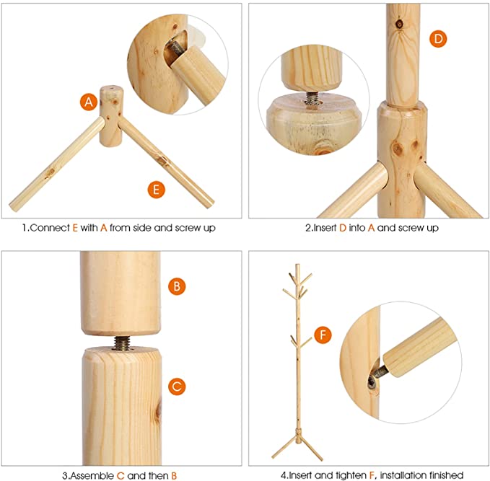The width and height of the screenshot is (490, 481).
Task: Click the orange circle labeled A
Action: pyautogui.click(x=89, y=102)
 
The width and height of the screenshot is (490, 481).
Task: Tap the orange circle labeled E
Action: pyautogui.click(x=157, y=189)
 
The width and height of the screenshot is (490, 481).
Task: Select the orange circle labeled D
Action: pyautogui.click(x=438, y=39)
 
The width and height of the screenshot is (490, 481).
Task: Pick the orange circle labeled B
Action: pyautogui.click(x=177, y=286)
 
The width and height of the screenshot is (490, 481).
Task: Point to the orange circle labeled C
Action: pyautogui.click(x=177, y=387)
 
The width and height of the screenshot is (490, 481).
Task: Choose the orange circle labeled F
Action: pyautogui.click(x=323, y=335)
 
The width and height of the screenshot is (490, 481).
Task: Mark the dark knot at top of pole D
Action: pyautogui.click(x=399, y=24)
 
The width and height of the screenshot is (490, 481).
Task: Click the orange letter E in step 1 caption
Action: pyautogui.click(x=75, y=228)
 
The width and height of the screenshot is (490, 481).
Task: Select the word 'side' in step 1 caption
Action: pyautogui.click(x=142, y=228)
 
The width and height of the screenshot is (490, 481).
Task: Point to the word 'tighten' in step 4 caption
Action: pyautogui.click(x=351, y=475)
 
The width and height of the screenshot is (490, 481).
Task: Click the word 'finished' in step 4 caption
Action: pyautogui.click(x=446, y=475)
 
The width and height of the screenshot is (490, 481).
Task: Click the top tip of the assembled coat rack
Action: pyautogui.click(x=297, y=265)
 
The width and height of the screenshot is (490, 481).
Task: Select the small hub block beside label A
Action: pyautogui.click(x=111, y=117)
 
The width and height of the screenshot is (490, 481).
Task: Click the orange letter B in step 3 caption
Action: pyautogui.click(x=174, y=475)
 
